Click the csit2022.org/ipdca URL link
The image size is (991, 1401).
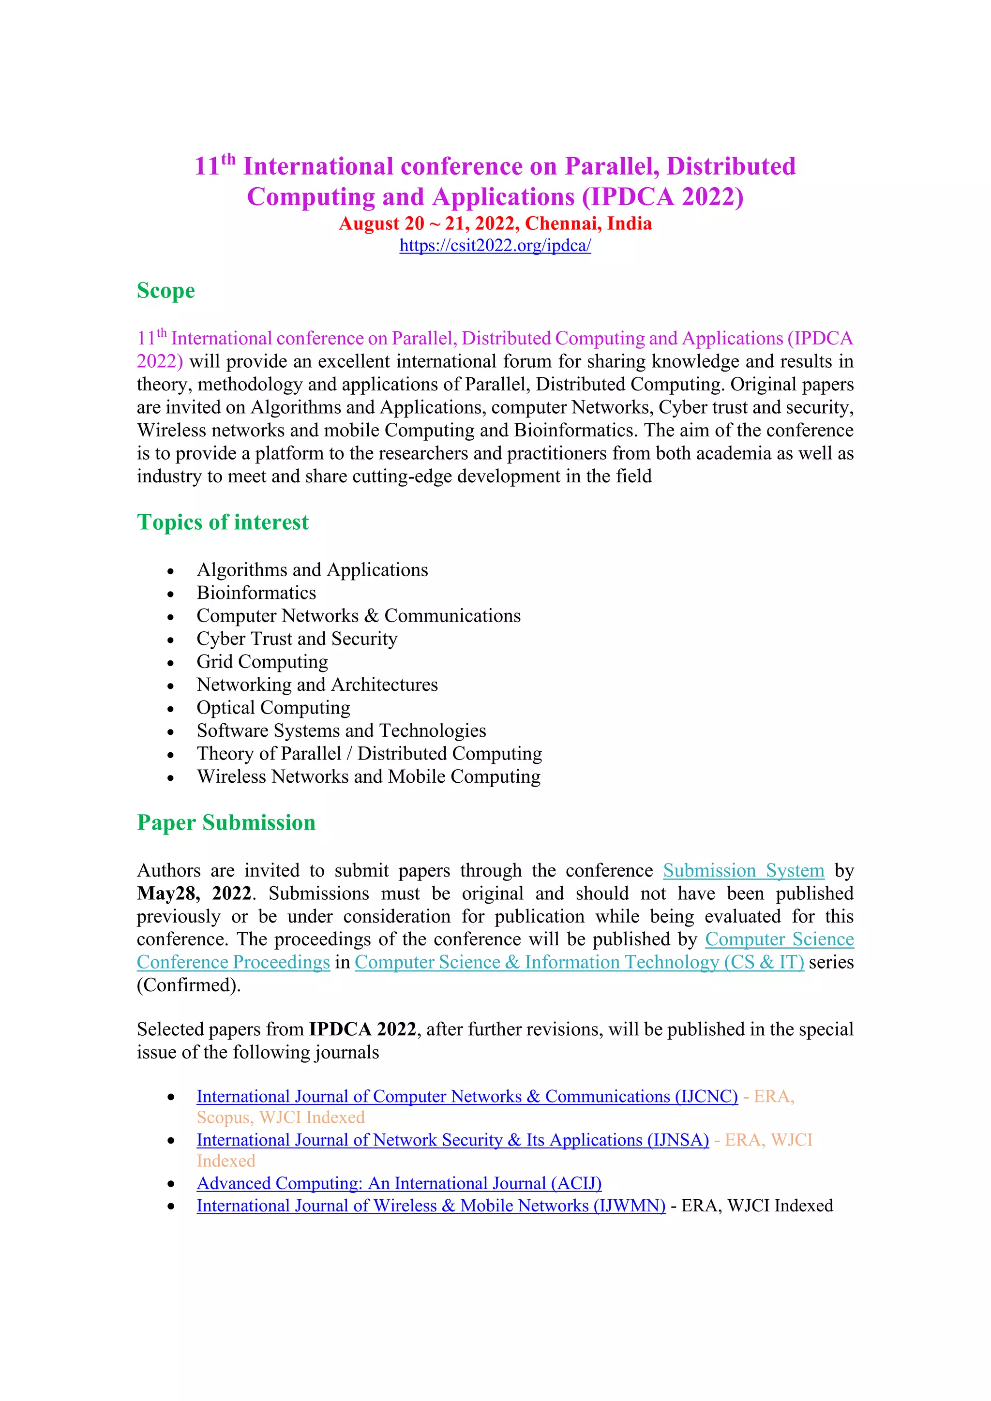pos(495,245)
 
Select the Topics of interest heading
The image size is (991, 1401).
pos(223,522)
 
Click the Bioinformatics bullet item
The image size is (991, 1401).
pos(256,593)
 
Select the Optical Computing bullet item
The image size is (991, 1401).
pos(273,708)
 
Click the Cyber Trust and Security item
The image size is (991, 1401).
pos(297,639)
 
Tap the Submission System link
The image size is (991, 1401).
pos(743,870)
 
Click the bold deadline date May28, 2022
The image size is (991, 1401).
pos(194,894)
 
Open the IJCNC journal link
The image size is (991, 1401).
pos(467,1097)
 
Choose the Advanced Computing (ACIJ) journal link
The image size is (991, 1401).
pos(398,1183)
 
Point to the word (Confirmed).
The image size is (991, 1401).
pos(189,985)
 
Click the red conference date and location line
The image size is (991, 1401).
pos(495,224)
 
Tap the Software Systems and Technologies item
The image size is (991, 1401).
pos(341,730)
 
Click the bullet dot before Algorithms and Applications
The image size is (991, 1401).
pos(171,571)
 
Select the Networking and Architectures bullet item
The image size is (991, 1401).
pos(317,685)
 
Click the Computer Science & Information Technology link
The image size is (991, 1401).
pos(579,962)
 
